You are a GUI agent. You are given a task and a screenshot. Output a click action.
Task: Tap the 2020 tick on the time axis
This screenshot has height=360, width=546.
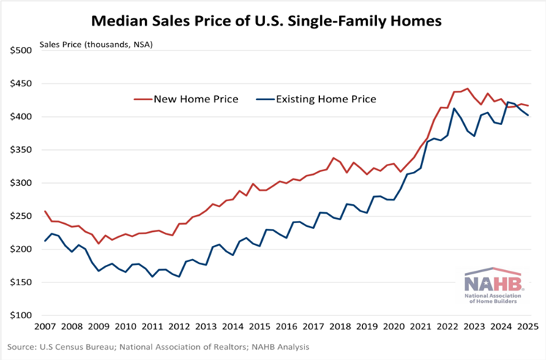(x=392, y=326)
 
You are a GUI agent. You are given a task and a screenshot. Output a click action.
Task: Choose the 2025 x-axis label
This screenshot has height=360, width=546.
(x=528, y=326)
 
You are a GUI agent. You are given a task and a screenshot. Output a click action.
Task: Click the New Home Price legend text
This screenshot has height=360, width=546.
(x=196, y=99)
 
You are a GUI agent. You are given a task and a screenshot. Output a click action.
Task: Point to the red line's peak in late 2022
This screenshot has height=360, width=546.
(x=468, y=89)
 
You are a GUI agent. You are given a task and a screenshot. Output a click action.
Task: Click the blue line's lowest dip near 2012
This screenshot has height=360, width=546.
(x=179, y=277)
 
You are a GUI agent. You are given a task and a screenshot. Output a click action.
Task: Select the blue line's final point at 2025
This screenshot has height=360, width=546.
(x=528, y=116)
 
